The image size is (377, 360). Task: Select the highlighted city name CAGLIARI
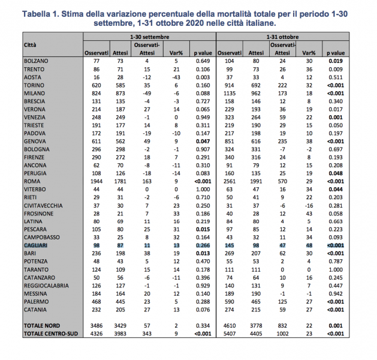point(36,247)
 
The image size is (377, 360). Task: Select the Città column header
point(30,46)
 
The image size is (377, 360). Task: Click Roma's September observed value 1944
point(95,180)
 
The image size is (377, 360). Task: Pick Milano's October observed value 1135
point(227,94)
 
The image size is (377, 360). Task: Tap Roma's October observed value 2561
point(227,180)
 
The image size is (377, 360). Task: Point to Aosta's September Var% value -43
point(176,78)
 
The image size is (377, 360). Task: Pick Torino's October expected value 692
point(254,86)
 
